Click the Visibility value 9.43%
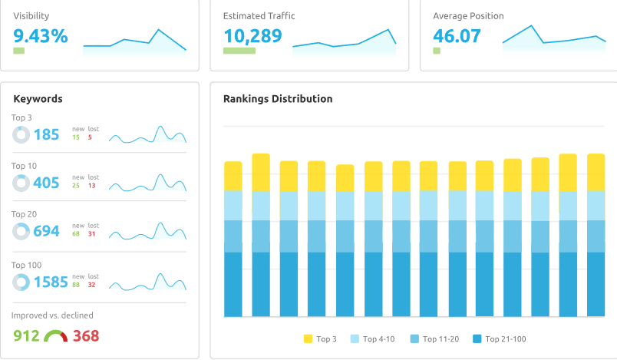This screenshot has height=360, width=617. pos(41,35)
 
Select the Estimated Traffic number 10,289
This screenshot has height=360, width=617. pos(252,35)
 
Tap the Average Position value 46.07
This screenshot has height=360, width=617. pos(457,35)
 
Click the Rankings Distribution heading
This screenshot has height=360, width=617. pos(278,99)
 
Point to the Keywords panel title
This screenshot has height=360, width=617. pos(38,99)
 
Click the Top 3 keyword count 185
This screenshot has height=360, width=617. pos(46,135)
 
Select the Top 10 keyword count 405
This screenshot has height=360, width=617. pos(46,183)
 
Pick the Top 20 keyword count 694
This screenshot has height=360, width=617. pos(46,231)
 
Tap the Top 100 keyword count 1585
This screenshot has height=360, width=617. pos(51,282)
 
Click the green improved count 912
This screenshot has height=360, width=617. pos(27,336)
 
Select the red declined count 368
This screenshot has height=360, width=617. pos(86,336)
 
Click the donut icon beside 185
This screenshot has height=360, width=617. pos(21,135)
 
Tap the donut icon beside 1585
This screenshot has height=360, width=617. pos(21,282)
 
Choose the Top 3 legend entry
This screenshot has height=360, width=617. pos(321,339)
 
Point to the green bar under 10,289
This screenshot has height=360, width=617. pos(239,51)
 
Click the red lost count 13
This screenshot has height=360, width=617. pos(91,186)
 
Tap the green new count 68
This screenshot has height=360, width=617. pos(76,234)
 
